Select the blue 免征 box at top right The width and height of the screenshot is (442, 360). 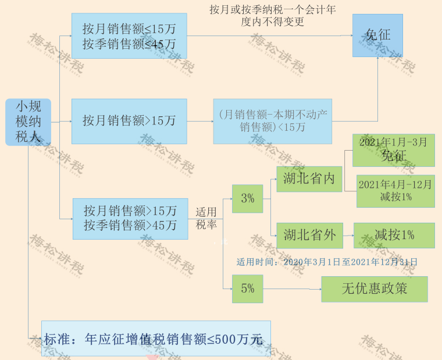pyautogui.click(x=377, y=35)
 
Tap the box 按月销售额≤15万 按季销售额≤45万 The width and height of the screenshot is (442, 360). pyautogui.click(x=129, y=35)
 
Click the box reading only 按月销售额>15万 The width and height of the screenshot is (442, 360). pyautogui.click(x=129, y=121)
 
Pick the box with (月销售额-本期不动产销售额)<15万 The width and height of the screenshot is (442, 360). pyautogui.click(x=272, y=121)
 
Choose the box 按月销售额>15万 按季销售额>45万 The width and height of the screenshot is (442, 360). pyautogui.click(x=130, y=218)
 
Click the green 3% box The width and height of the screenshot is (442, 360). pyautogui.click(x=247, y=198)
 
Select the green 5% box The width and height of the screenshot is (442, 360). pyautogui.click(x=247, y=288)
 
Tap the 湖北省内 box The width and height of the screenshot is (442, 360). pyautogui.click(x=309, y=179)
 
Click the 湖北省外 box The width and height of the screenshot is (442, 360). pyautogui.click(x=309, y=235)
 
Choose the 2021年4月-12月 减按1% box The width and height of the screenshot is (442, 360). pyautogui.click(x=395, y=191)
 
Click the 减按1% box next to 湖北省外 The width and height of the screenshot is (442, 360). pyautogui.click(x=394, y=235)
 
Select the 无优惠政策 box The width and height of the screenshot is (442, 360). pyautogui.click(x=374, y=288)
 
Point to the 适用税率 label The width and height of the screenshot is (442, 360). pyautogui.click(x=206, y=218)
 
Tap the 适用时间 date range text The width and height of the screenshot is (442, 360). pyautogui.click(x=327, y=262)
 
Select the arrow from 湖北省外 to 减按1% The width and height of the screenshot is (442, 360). pyautogui.click(x=348, y=236)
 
